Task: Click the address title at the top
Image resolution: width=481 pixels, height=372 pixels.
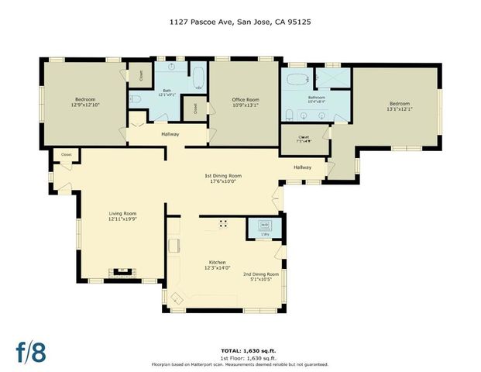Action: click(240, 22)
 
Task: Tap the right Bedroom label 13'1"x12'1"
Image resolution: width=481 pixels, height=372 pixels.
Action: click(399, 106)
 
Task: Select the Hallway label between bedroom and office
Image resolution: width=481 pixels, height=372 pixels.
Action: click(170, 134)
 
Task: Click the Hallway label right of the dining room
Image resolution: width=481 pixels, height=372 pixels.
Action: click(302, 167)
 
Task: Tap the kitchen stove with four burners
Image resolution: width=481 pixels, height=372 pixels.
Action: click(223, 224)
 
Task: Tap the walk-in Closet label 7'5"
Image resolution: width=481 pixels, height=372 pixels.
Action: click(304, 139)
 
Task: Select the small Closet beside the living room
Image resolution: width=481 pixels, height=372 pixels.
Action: click(67, 155)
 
